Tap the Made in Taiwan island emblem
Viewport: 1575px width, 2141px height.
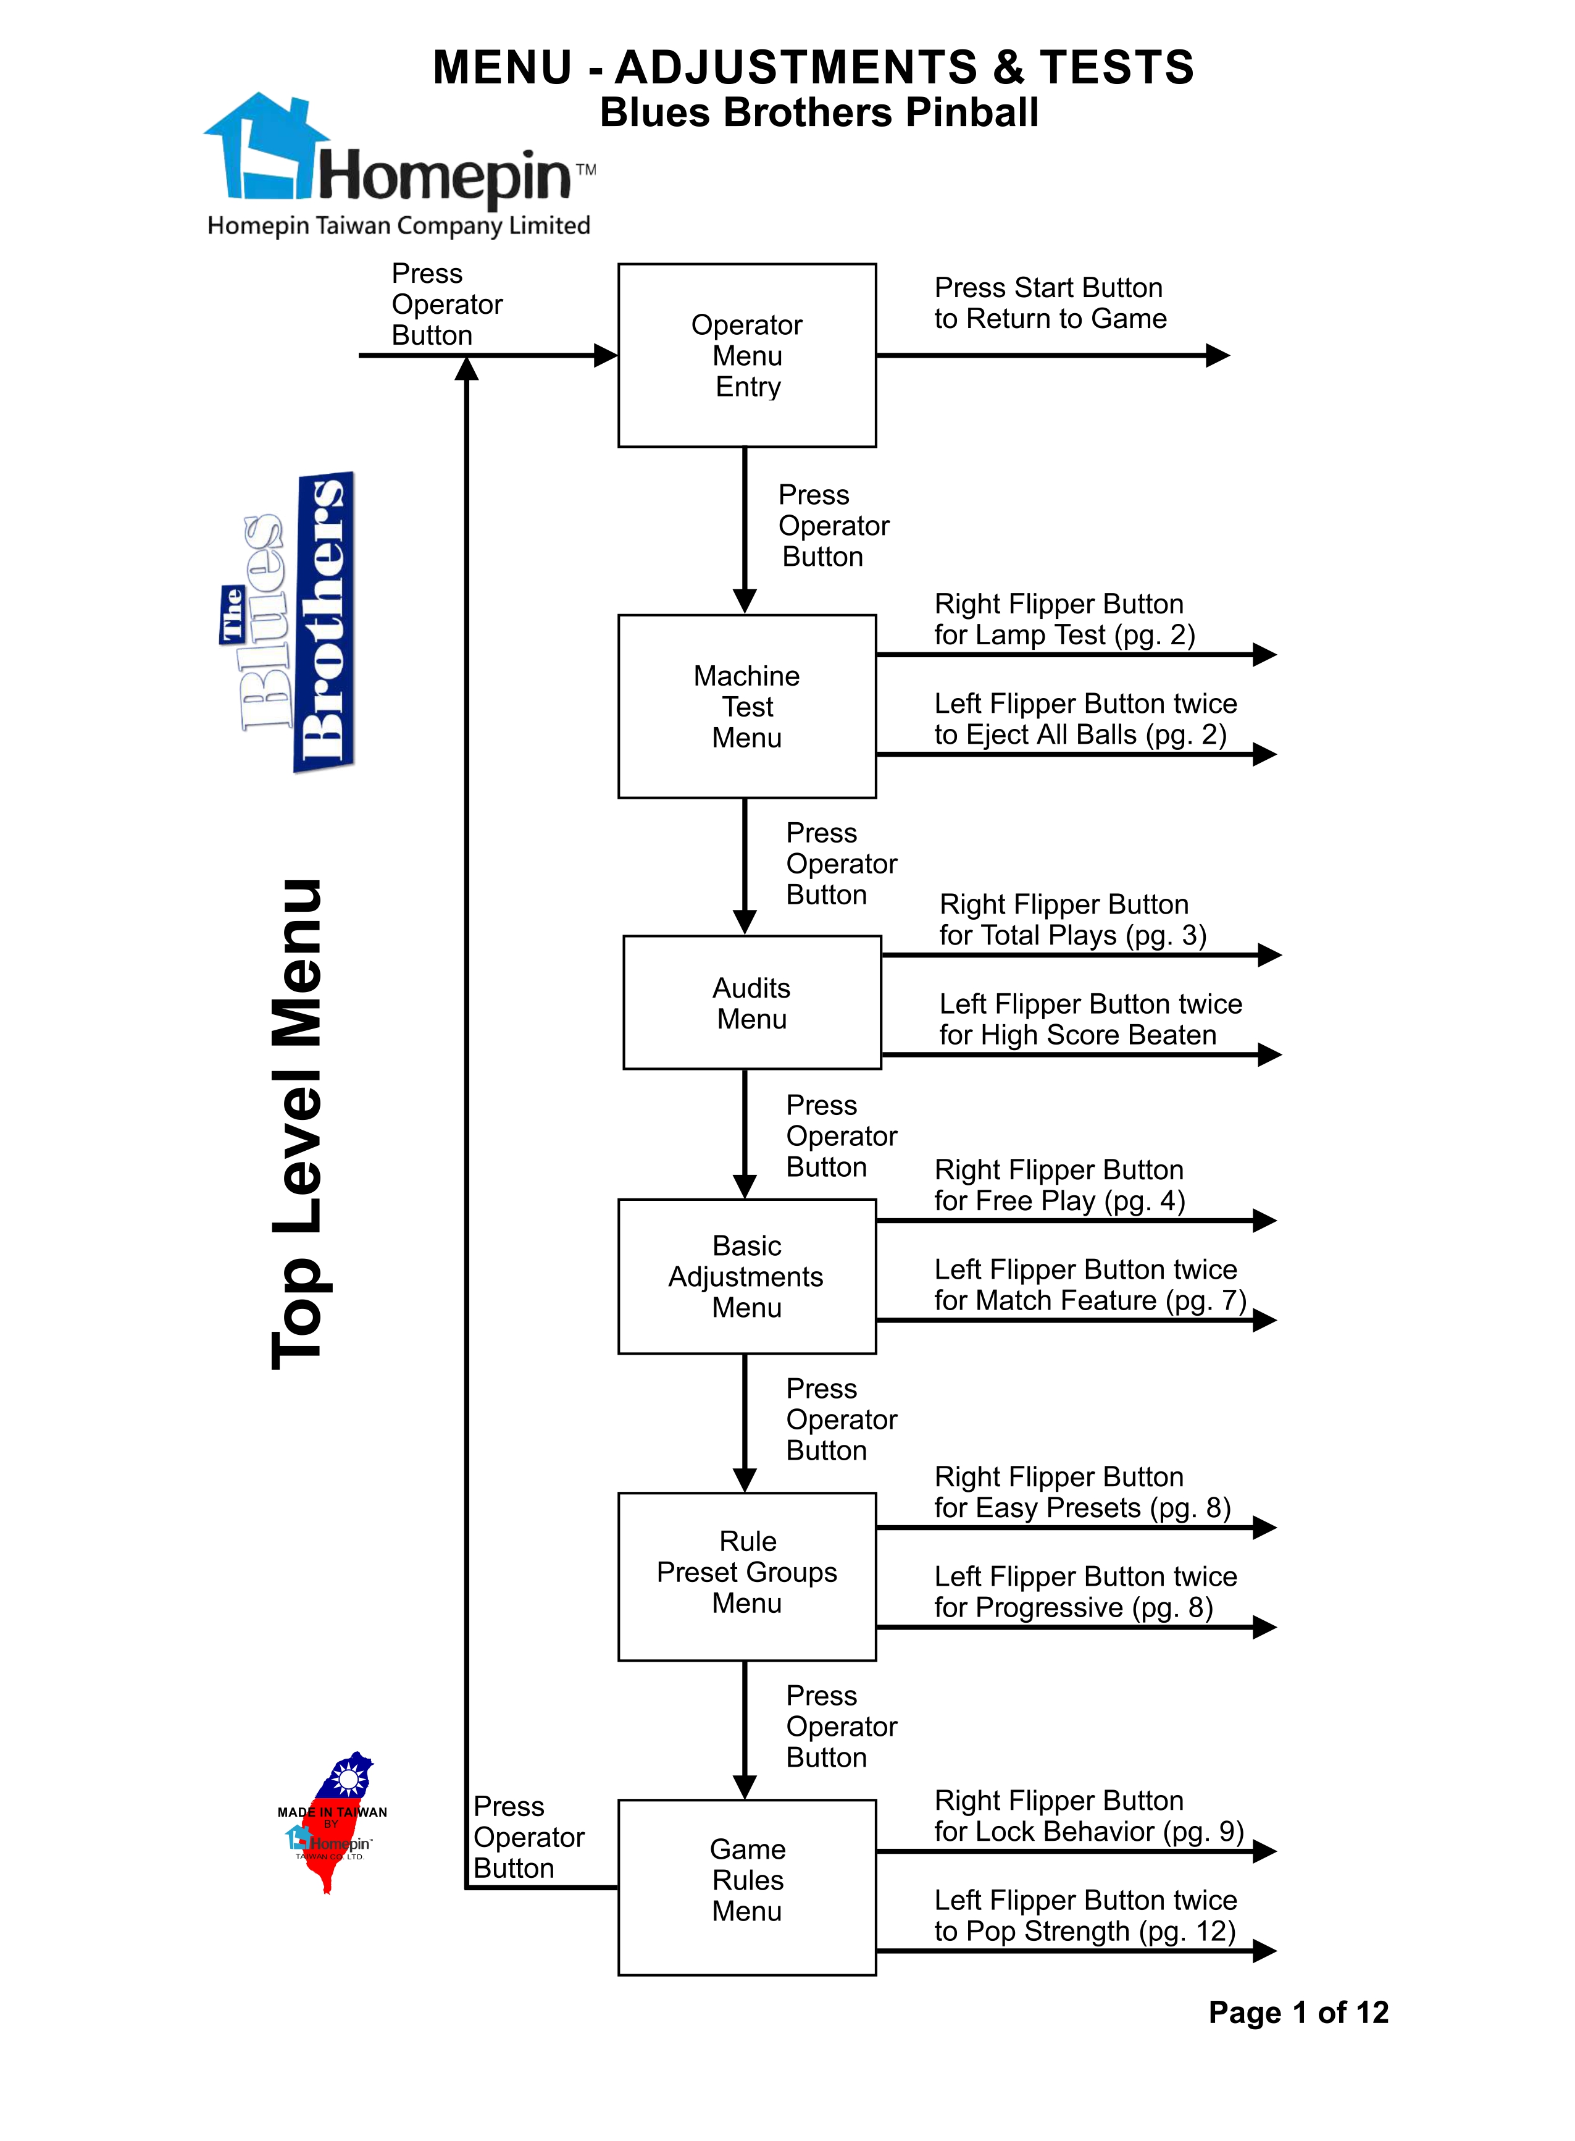click(x=333, y=1822)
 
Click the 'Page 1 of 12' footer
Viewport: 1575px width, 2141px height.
click(x=1298, y=2013)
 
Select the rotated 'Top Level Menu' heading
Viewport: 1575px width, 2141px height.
click(x=298, y=1124)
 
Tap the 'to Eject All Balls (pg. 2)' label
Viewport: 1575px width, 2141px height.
click(x=1080, y=734)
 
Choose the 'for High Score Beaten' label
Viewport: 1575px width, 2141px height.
click(x=1077, y=1035)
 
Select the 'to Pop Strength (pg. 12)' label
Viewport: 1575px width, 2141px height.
click(x=1085, y=1931)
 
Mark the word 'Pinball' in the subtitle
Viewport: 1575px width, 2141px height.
click(x=972, y=112)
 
